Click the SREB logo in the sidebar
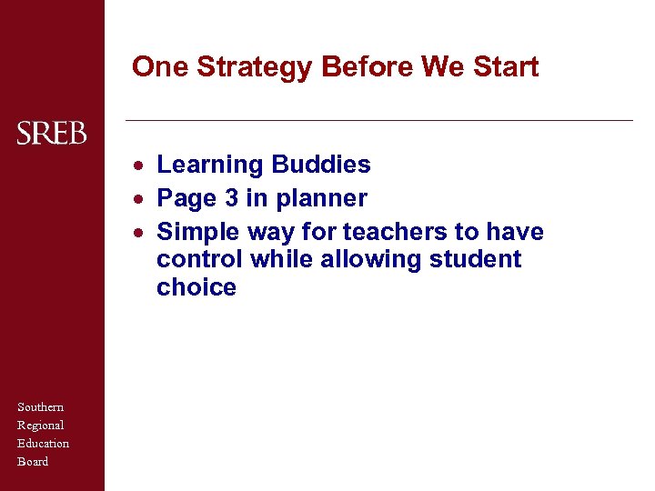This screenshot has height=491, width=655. pyautogui.click(x=52, y=134)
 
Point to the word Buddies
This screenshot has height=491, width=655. pyautogui.click(x=321, y=165)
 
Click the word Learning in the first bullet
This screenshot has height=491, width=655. pyautogui.click(x=210, y=165)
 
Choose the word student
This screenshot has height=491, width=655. pyautogui.click(x=475, y=259)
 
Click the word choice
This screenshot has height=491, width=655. pyautogui.click(x=196, y=287)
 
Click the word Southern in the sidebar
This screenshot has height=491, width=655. pyautogui.click(x=41, y=406)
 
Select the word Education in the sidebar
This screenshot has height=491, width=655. pyautogui.click(x=44, y=443)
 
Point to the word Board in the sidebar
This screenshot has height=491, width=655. pyautogui.click(x=33, y=461)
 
